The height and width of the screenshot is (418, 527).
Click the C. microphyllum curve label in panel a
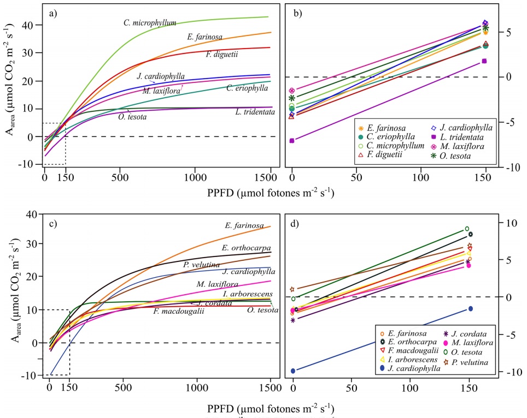click(x=150, y=23)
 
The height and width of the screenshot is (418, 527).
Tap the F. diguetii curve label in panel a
click(x=224, y=55)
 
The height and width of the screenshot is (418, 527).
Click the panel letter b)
click(x=300, y=10)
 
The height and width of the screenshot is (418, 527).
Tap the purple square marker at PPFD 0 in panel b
click(x=292, y=140)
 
